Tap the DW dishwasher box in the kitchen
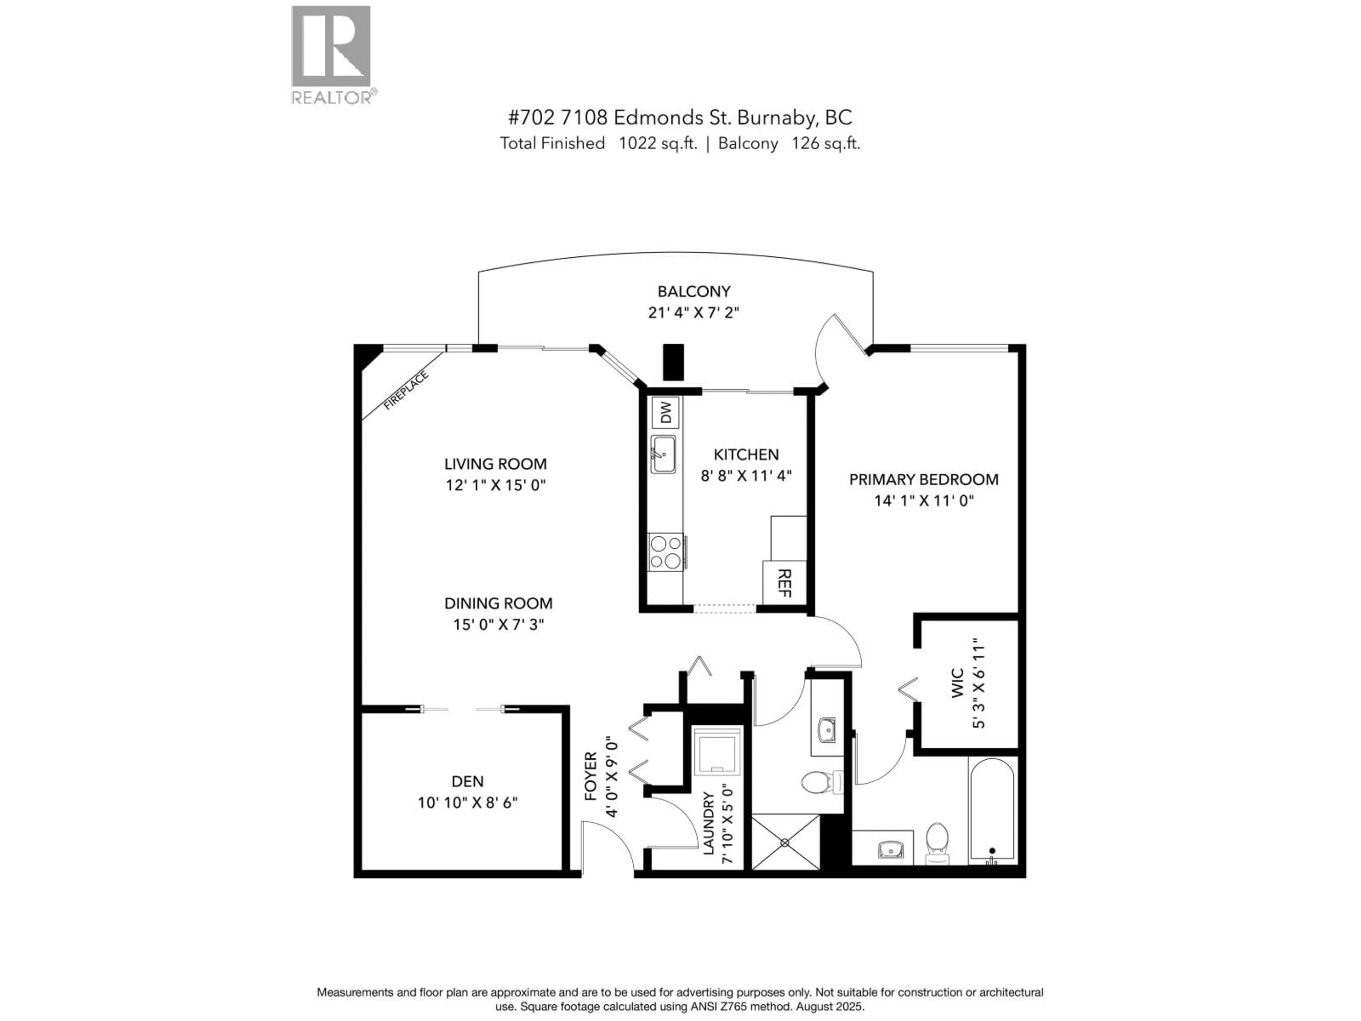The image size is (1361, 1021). (x=665, y=412)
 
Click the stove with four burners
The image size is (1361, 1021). (x=666, y=552)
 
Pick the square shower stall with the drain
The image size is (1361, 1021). (x=785, y=842)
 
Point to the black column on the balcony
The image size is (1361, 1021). (x=673, y=362)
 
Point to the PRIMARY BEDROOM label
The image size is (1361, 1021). (x=924, y=479)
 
